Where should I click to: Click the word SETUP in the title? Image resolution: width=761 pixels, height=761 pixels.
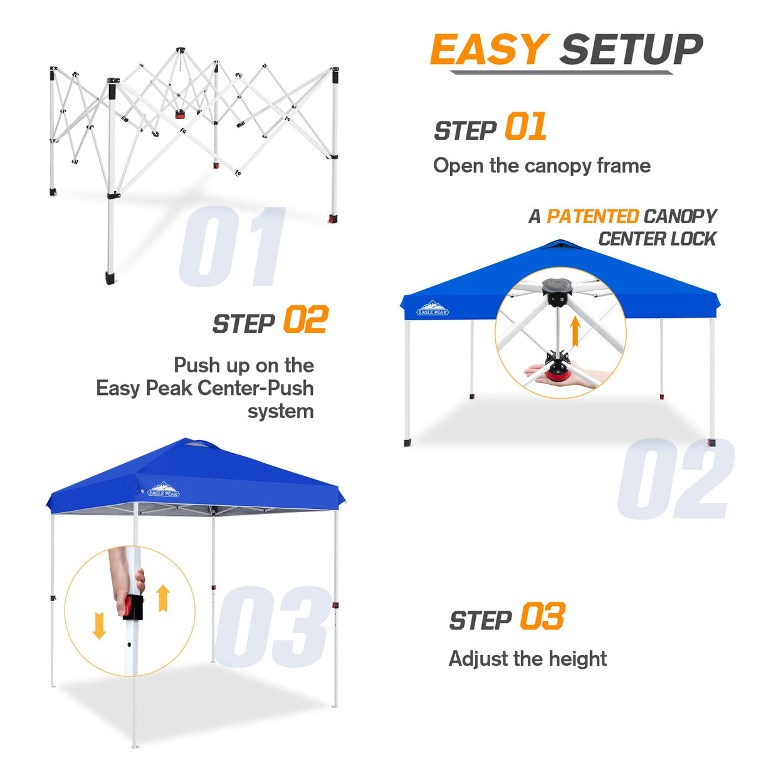[x=631, y=50]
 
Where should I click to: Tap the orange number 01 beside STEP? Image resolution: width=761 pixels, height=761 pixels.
[x=525, y=127]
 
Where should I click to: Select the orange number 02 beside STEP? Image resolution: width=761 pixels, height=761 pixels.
[x=305, y=320]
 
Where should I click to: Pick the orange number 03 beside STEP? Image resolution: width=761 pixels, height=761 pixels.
[x=542, y=617]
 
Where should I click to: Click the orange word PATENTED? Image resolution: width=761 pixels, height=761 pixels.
[x=592, y=216]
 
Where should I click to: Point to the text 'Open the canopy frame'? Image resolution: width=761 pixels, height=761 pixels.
[x=542, y=166]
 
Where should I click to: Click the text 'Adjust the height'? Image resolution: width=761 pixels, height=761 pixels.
[x=527, y=659]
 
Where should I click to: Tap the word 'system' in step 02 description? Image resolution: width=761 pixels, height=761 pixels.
[x=280, y=412]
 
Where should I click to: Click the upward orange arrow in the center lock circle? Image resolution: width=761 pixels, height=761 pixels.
[x=575, y=332]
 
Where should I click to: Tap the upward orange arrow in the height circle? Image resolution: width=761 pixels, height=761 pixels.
[x=163, y=598]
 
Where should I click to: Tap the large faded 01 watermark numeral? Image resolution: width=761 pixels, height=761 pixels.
[x=232, y=247]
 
